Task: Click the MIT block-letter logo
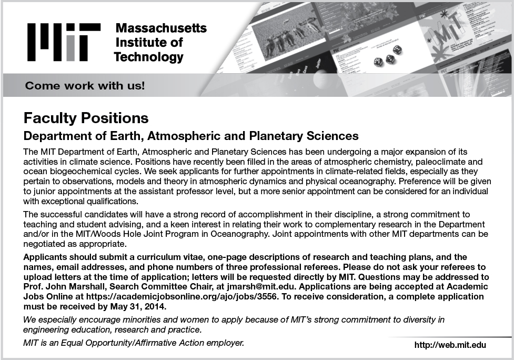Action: pos(63,43)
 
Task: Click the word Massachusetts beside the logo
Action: pos(161,28)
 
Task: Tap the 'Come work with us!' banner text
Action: pos(85,85)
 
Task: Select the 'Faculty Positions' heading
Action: pos(86,117)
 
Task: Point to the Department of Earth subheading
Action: pos(192,136)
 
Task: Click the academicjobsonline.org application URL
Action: pos(192,296)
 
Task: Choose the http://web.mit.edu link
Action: pos(450,345)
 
